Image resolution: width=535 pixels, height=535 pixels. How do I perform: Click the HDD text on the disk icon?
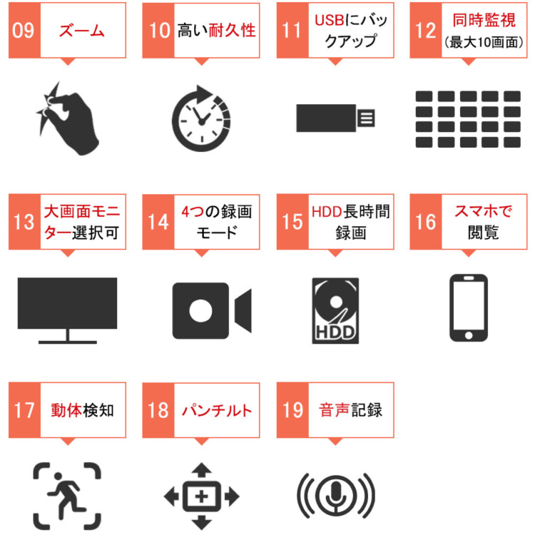[x=335, y=333]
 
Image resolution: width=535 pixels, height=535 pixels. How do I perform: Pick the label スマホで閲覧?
[x=477, y=222]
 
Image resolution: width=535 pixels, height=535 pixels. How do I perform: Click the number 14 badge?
[x=158, y=222]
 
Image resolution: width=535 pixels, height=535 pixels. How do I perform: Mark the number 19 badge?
[x=292, y=412]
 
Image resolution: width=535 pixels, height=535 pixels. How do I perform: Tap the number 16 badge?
[x=426, y=222]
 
